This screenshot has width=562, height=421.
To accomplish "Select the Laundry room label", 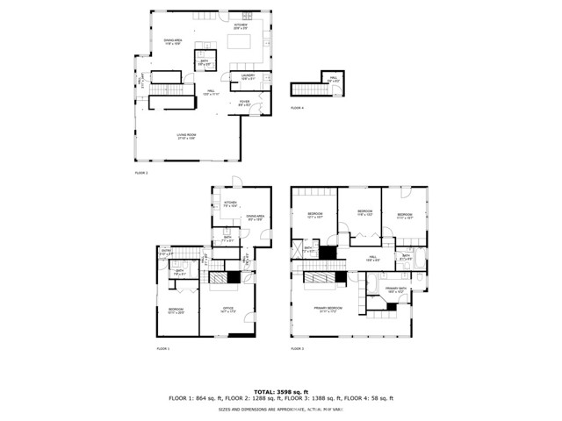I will [x=248, y=77].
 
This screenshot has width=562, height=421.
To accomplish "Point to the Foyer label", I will [x=244, y=103].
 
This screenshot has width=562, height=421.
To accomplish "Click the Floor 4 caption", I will [x=297, y=108].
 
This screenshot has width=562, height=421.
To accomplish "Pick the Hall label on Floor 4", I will [x=334, y=79].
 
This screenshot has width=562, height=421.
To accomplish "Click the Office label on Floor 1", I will [x=227, y=309].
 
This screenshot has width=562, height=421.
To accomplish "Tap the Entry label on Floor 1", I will [x=166, y=253].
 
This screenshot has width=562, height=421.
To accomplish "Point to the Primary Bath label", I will [x=395, y=289].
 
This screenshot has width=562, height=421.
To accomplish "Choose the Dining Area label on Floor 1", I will [x=256, y=217].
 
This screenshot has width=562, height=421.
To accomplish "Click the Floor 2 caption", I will [x=140, y=174].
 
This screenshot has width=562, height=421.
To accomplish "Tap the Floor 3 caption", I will [x=297, y=349].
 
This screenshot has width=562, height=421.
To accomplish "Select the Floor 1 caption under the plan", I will [x=162, y=349].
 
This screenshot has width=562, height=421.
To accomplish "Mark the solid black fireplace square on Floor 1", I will [x=233, y=278].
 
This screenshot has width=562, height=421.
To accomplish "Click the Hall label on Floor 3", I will [x=372, y=258].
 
